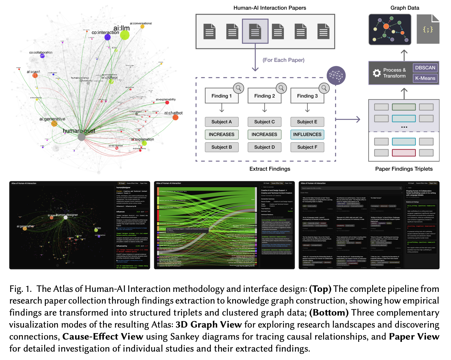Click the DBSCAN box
point(425,68)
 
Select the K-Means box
point(425,78)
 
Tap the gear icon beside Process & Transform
point(377,73)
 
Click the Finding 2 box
point(264,96)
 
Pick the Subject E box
point(307,122)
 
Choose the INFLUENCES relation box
point(307,134)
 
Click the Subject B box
point(221,147)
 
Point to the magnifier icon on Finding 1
point(238,88)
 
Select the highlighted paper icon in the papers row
point(255,31)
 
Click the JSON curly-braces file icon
point(428,29)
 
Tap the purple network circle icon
point(336,75)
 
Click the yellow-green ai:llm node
point(125,35)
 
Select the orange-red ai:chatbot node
point(175,117)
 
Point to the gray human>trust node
point(82,137)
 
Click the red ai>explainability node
point(167,103)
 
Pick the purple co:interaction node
point(107,37)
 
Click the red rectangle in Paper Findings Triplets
point(404,153)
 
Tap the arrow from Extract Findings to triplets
point(348,119)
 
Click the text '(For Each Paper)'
point(283,60)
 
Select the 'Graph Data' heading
point(405,8)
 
